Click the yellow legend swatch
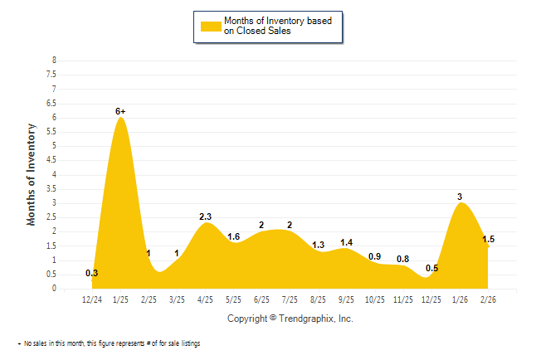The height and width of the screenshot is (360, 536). (211, 26)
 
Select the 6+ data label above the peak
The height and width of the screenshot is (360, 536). (121, 110)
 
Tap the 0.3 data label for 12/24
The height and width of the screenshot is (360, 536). (92, 273)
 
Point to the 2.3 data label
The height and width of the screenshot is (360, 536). (206, 216)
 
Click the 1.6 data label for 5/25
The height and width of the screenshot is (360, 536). (234, 236)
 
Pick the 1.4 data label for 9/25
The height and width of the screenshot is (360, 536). (347, 242)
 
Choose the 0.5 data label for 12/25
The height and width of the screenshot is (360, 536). (431, 268)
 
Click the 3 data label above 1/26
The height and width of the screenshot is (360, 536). (460, 197)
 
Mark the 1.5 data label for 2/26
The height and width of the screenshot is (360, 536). (489, 239)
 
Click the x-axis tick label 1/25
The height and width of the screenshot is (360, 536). (120, 299)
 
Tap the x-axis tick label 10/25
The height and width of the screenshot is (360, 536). (374, 299)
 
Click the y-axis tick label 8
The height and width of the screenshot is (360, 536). (54, 61)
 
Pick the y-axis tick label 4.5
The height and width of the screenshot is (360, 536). (52, 160)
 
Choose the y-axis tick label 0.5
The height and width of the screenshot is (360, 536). (52, 275)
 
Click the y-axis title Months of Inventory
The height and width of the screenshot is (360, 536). (32, 174)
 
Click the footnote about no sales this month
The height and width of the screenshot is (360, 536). (111, 343)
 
